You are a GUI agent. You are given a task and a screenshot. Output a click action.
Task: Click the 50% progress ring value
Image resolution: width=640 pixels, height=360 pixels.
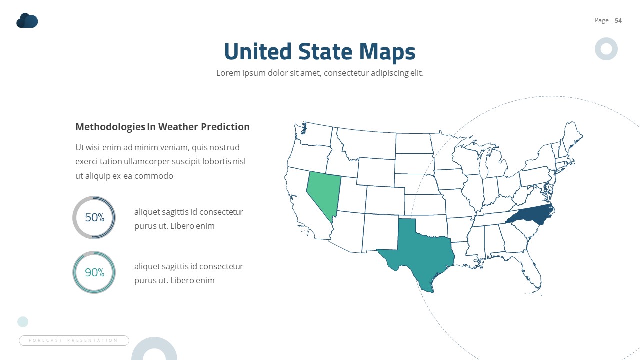click(x=94, y=218)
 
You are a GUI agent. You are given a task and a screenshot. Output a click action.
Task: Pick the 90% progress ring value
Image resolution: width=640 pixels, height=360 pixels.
click(x=94, y=272)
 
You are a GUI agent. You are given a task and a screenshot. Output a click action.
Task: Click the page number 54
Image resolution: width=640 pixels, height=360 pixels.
click(x=618, y=20)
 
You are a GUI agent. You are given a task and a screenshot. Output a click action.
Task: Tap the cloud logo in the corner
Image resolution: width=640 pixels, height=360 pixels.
click(x=27, y=21)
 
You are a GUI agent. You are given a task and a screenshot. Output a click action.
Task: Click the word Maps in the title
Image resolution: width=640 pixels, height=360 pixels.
click(x=387, y=52)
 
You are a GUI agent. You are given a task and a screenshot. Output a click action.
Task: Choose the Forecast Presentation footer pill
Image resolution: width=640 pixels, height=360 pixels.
click(x=74, y=340)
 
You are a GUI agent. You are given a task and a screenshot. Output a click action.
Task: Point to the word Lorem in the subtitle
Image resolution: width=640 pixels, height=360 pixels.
click(x=228, y=73)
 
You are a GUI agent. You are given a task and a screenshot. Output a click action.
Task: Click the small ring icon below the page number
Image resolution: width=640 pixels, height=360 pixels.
click(x=606, y=49)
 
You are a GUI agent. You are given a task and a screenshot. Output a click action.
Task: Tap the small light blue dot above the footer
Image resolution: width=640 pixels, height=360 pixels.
click(x=23, y=321)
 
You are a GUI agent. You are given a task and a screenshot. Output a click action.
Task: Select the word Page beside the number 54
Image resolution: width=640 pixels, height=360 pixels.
click(x=602, y=20)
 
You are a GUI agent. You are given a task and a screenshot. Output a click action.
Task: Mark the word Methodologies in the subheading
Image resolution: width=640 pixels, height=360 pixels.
click(x=110, y=127)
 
